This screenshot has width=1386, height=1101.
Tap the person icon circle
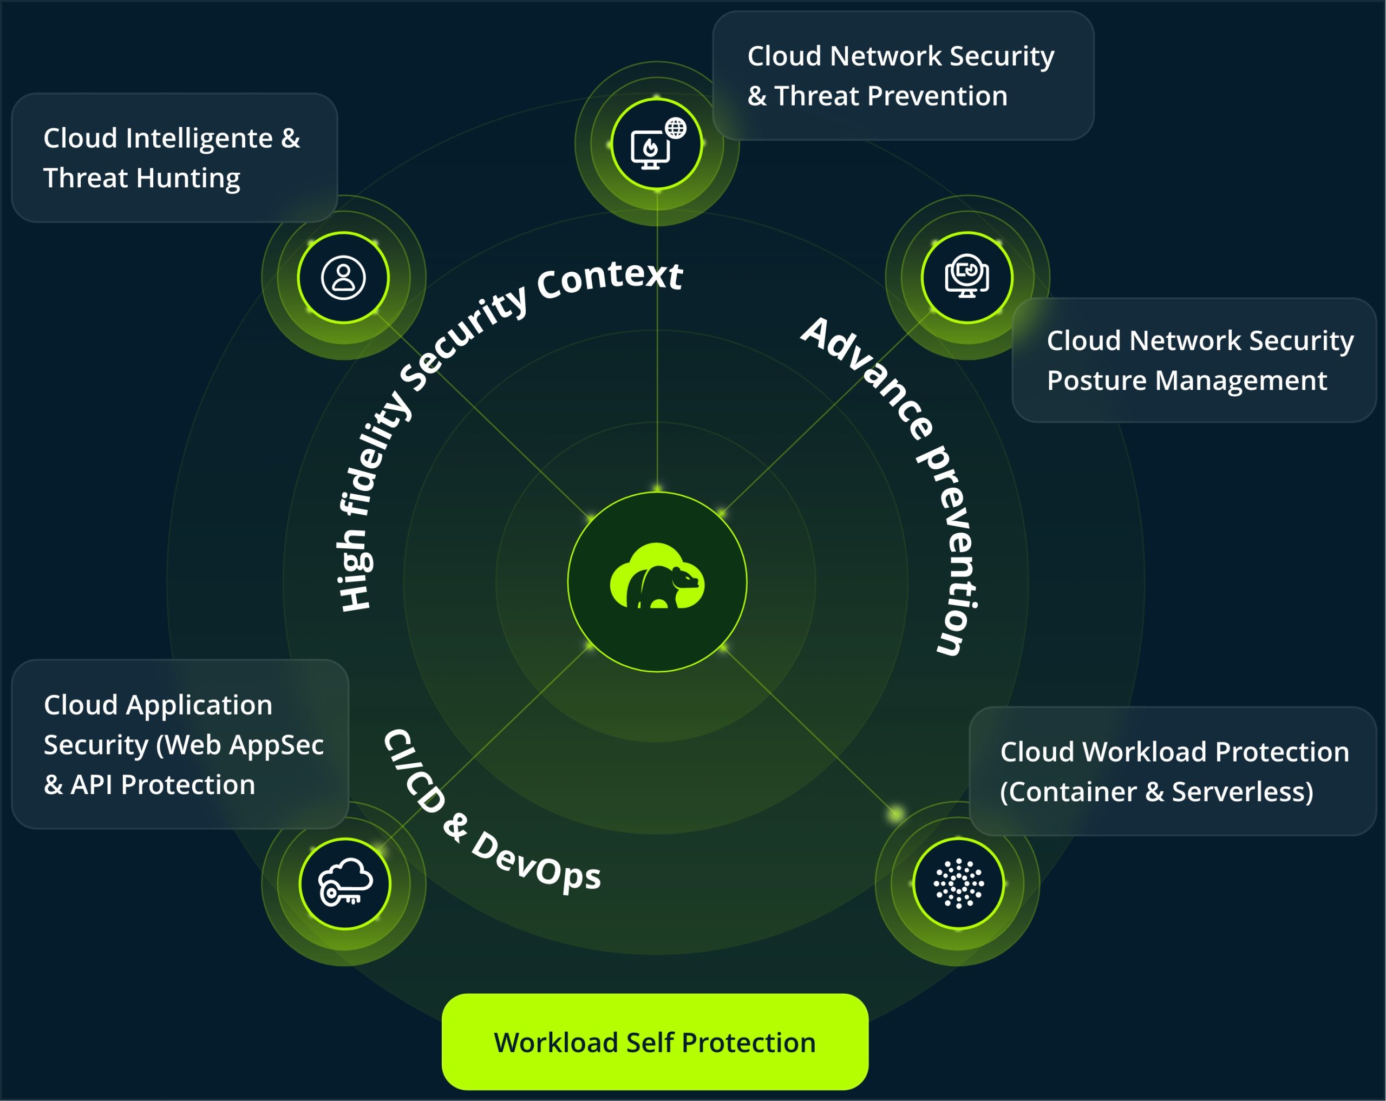point(343,278)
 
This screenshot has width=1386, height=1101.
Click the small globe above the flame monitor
point(676,127)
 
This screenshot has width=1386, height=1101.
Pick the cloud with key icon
point(345,882)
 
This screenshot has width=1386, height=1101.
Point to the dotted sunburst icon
point(958,883)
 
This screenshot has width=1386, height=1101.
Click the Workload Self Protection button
point(655,1042)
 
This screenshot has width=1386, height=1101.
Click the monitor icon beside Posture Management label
point(966,277)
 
